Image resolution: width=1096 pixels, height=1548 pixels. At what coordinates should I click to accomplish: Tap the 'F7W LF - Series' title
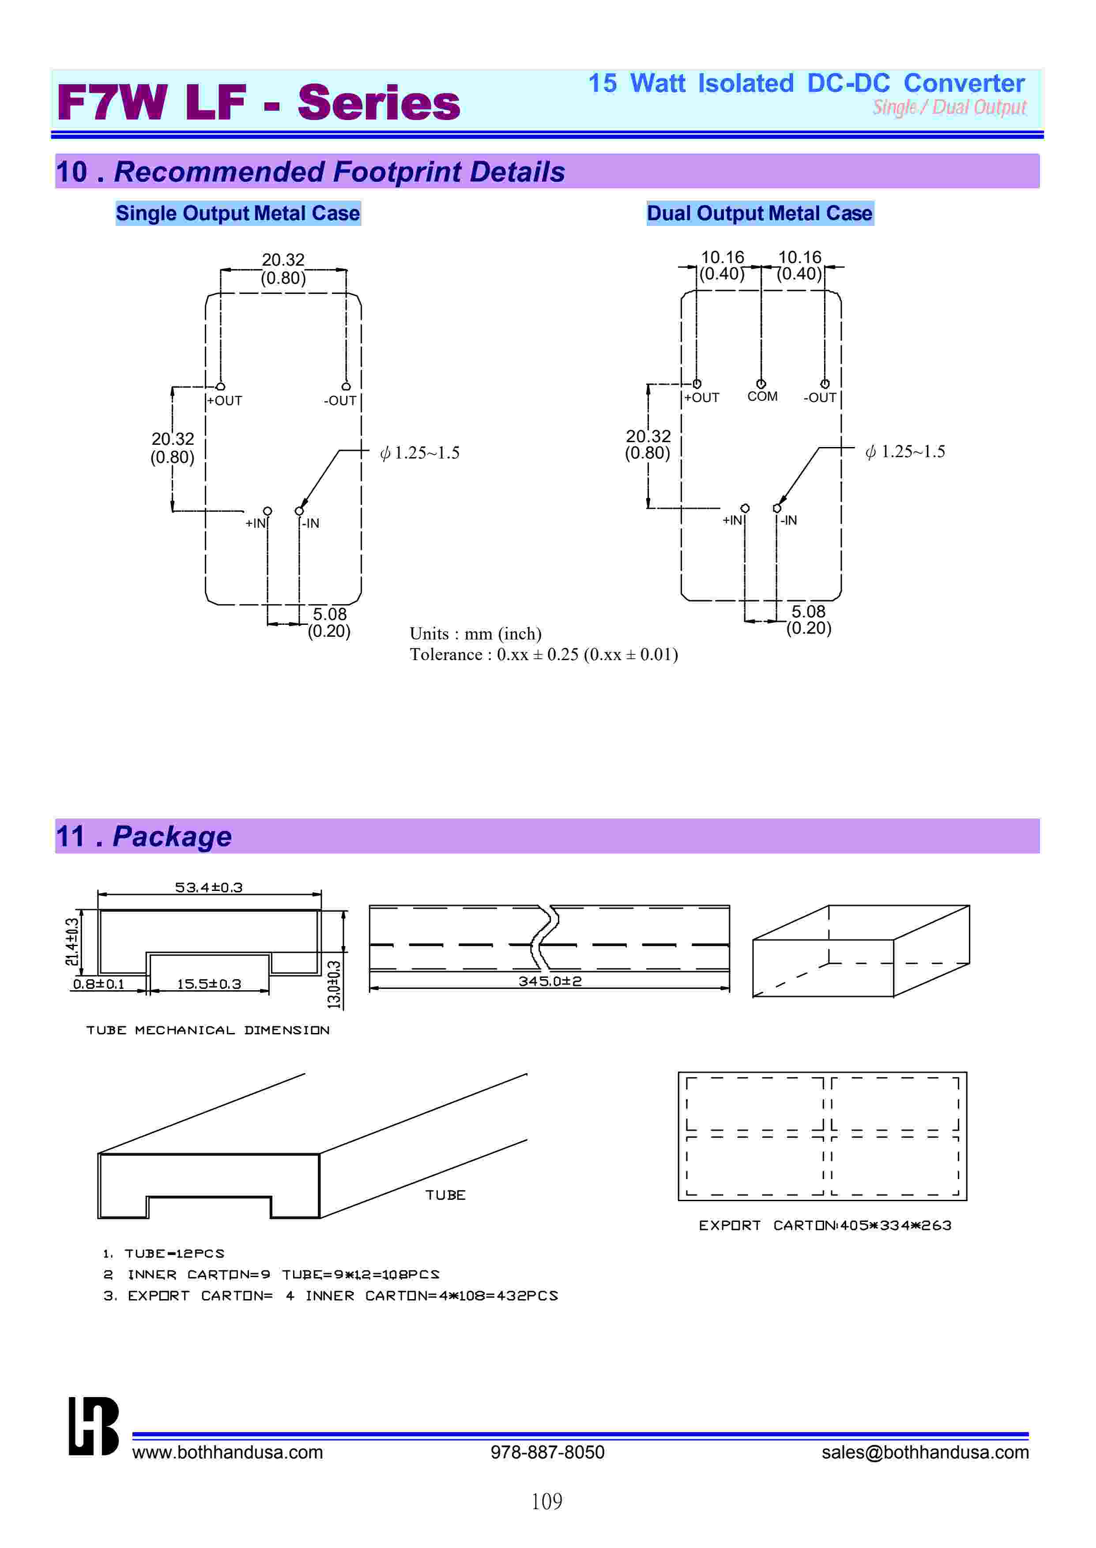click(259, 102)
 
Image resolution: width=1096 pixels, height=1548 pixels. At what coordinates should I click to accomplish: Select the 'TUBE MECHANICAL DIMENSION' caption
click(208, 1030)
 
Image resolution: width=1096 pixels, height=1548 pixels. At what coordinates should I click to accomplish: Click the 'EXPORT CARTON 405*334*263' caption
click(825, 1225)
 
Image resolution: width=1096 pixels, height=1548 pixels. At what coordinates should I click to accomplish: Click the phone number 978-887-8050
click(547, 1452)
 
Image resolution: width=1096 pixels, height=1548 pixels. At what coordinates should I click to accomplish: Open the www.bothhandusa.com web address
click(227, 1452)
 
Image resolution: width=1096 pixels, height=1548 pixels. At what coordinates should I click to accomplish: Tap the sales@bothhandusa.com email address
click(925, 1452)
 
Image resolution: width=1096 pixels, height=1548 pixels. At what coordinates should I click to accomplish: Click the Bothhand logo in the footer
click(94, 1427)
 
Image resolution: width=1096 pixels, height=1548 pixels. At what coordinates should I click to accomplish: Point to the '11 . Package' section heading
click(144, 836)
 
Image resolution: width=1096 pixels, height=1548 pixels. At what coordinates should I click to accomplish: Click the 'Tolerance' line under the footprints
click(543, 654)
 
